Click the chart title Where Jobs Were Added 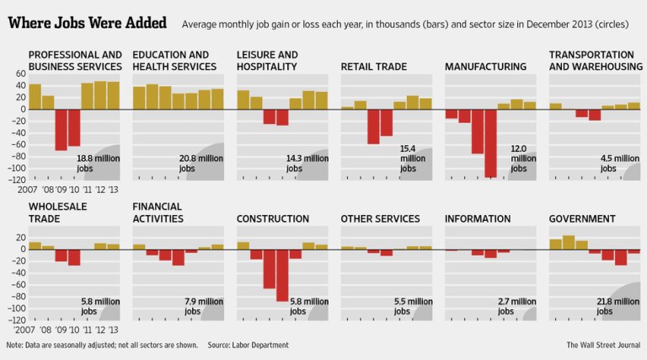click(87, 22)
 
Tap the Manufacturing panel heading click(485, 67)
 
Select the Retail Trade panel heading click(374, 67)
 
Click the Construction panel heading click(272, 219)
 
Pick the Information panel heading click(478, 219)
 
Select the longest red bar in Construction click(282, 276)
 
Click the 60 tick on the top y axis click(18, 74)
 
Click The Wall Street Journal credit click(602, 345)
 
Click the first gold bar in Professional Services click(35, 96)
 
